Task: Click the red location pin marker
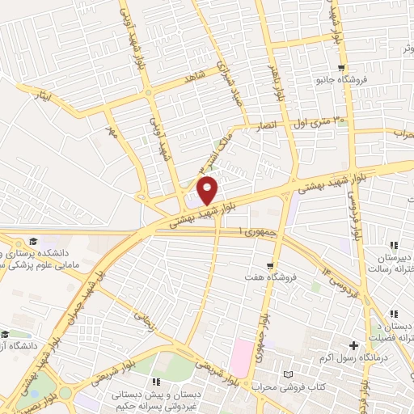[207, 190]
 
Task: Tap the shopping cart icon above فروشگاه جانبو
[343, 70]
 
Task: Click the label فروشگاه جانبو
[343, 82]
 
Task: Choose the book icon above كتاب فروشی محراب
[290, 374]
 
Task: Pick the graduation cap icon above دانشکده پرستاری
[33, 241]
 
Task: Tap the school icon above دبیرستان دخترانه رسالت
[394, 245]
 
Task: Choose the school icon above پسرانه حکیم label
[155, 380]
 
